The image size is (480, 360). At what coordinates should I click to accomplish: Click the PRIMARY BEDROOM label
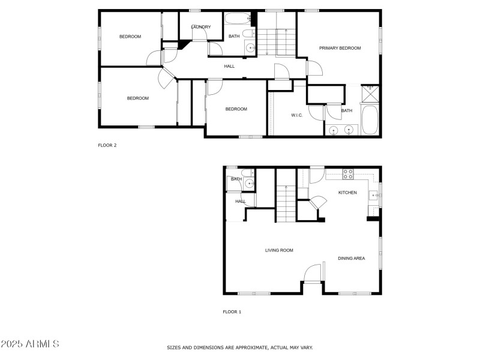pyautogui.click(x=340, y=48)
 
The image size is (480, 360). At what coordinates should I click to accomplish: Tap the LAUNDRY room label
pyautogui.click(x=200, y=27)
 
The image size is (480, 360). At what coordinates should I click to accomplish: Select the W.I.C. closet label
pyautogui.click(x=296, y=115)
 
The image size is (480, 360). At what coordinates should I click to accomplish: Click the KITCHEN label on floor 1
pyautogui.click(x=347, y=193)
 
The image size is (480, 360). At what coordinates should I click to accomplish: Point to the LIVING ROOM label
pyautogui.click(x=279, y=250)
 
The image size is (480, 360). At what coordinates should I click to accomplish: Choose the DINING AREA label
pyautogui.click(x=351, y=259)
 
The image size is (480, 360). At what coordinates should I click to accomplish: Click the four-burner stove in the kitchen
pyautogui.click(x=347, y=174)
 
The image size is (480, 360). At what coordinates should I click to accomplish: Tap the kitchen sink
pyautogui.click(x=373, y=194)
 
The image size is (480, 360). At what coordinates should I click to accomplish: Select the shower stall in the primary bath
pyautogui.click(x=371, y=94)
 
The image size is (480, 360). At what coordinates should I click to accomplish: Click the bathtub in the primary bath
pyautogui.click(x=370, y=119)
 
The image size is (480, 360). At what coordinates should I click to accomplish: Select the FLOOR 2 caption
pyautogui.click(x=107, y=145)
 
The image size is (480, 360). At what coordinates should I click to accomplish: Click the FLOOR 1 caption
pyautogui.click(x=232, y=312)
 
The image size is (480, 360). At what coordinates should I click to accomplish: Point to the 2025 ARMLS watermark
pyautogui.click(x=30, y=344)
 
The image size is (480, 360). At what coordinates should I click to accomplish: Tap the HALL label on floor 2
pyautogui.click(x=229, y=66)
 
